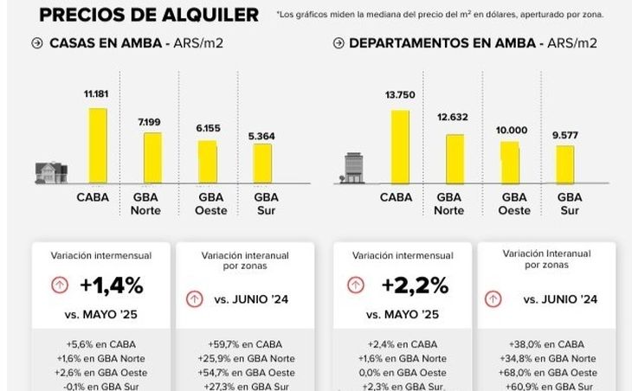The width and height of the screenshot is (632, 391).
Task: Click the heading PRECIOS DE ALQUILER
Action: point(149,15)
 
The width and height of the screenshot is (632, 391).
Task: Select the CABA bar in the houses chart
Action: point(98,146)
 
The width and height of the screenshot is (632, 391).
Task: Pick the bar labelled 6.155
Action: point(208,161)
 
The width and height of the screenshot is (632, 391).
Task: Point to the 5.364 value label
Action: point(261,135)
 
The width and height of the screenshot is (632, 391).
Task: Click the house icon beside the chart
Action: point(51,172)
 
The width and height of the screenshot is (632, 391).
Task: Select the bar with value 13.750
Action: point(399,147)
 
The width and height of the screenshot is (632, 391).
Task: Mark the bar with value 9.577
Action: point(564,163)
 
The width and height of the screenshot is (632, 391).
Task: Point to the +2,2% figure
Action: point(416,285)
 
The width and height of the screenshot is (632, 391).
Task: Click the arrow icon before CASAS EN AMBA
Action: point(36,43)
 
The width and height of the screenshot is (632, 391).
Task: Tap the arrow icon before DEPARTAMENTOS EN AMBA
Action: point(336,43)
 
